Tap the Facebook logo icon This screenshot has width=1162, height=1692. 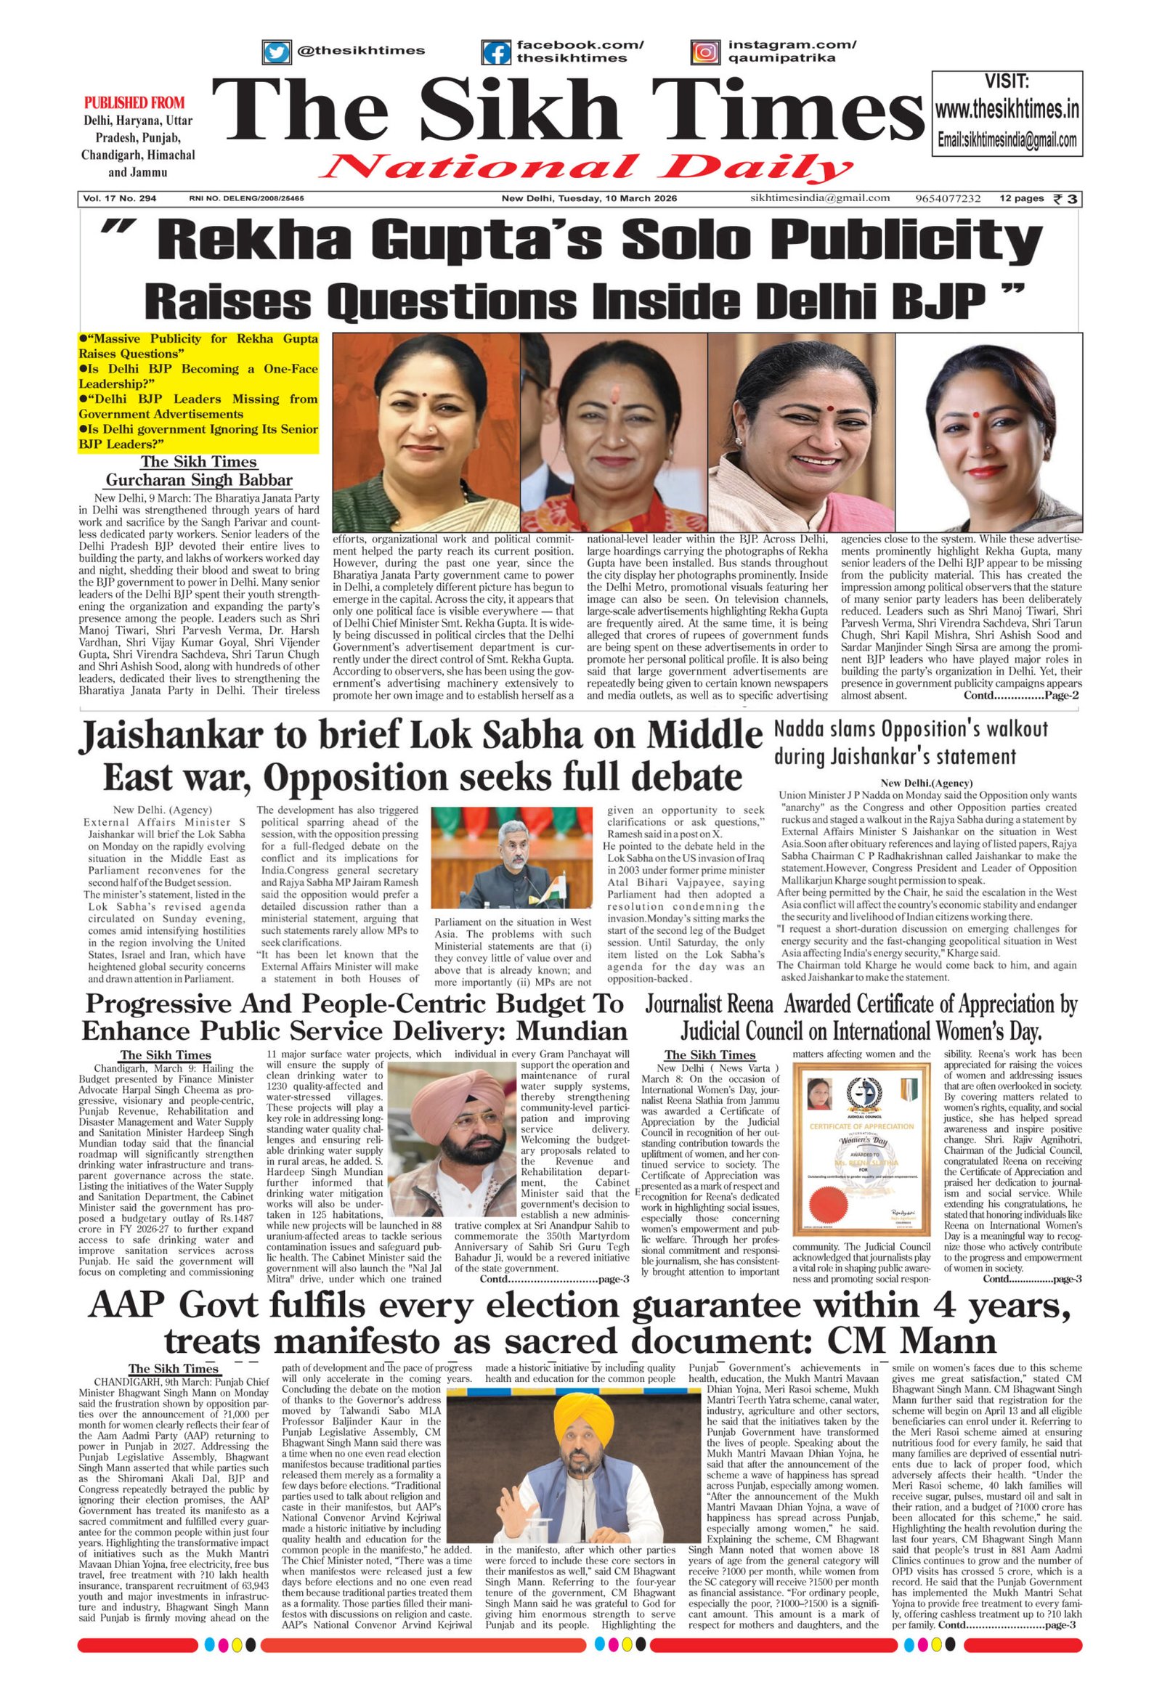coord(497,52)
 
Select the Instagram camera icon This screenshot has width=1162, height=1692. coord(704,52)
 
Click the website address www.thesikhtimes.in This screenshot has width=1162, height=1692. coord(1007,110)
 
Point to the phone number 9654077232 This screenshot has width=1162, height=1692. coord(948,198)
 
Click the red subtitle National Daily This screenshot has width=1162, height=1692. coord(585,168)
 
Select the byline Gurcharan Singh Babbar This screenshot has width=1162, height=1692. coord(199,480)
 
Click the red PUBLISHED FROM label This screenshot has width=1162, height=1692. coord(134,102)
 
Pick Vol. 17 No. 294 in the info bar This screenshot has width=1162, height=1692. coord(120,198)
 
